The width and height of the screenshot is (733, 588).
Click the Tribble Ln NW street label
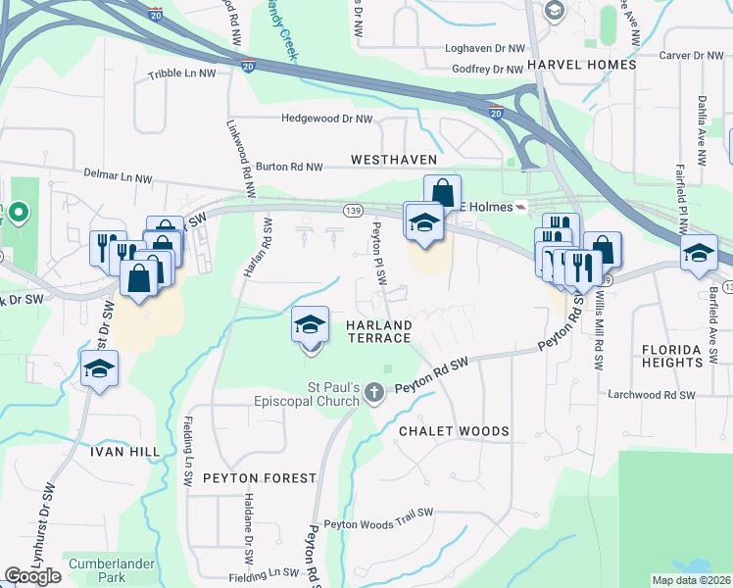tap(179, 74)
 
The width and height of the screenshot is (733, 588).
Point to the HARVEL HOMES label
tap(581, 65)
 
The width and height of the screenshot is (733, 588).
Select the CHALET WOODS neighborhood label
tap(454, 431)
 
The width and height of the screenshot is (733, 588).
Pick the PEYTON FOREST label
tap(259, 478)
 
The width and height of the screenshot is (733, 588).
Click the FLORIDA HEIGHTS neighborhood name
tap(672, 356)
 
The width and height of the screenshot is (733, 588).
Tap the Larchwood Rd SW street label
tap(652, 395)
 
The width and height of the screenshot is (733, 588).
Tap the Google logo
tap(32, 576)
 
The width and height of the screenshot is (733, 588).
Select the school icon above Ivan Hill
tap(99, 368)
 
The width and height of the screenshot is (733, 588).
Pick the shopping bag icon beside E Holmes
tap(442, 192)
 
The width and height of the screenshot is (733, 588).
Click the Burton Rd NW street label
tap(289, 168)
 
